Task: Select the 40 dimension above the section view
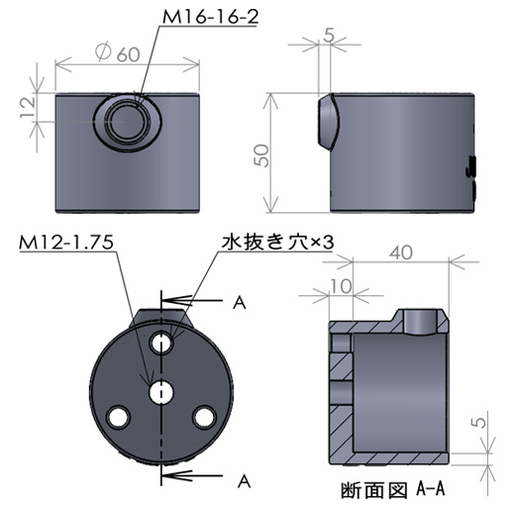pos(401,253)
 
